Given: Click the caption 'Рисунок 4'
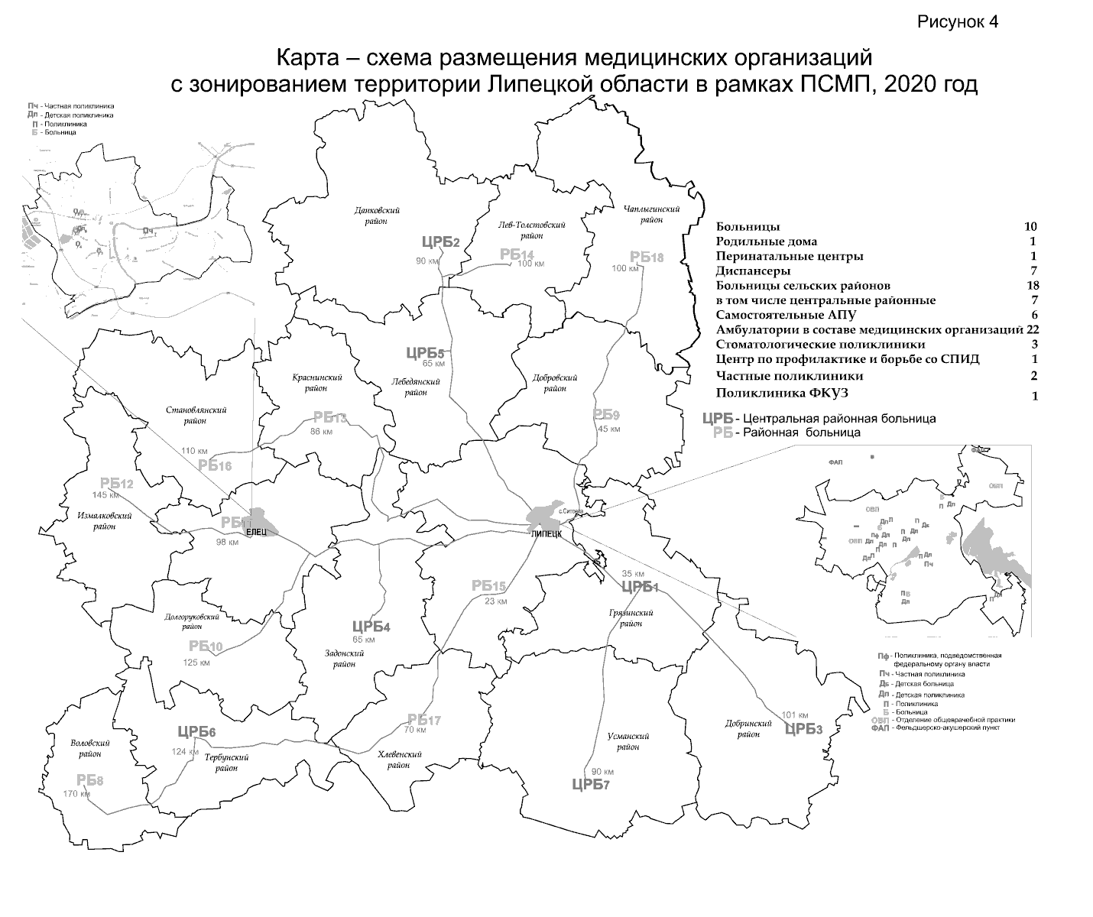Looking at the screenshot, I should tap(958, 21).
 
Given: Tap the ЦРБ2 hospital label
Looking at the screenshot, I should tap(440, 242).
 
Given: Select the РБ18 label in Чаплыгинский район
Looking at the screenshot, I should tap(646, 257).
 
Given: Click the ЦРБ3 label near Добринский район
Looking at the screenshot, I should tap(803, 728).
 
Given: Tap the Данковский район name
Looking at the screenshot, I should tap(378, 215).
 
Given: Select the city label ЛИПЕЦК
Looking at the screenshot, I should tap(546, 534).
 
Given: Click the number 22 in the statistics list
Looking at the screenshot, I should tap(1033, 329).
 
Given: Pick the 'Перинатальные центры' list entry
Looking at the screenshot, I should tap(790, 256).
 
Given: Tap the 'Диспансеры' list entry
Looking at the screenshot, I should tap(753, 271).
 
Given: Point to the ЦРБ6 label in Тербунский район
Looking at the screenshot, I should tap(196, 732).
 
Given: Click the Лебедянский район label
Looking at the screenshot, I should tap(416, 386).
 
